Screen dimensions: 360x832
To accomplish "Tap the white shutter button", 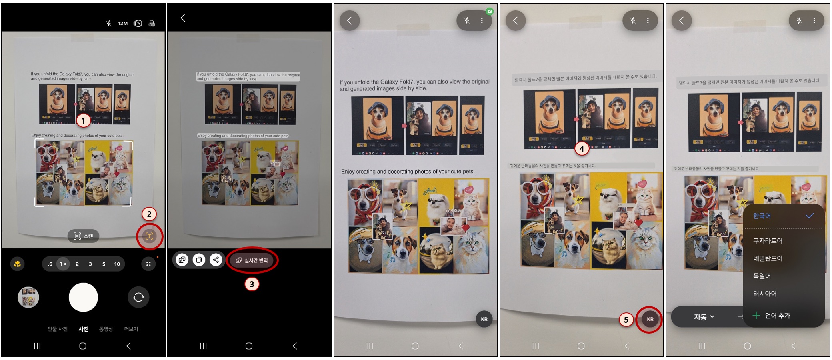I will (x=83, y=297).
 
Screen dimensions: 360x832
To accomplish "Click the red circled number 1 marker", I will (x=83, y=120).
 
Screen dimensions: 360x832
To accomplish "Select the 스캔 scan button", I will (x=83, y=236).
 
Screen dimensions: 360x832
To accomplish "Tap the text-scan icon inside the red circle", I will (x=149, y=236).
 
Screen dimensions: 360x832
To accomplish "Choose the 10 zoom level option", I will (x=117, y=264).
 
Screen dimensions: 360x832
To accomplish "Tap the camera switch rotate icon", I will (x=138, y=297).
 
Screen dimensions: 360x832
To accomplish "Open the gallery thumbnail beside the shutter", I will (x=28, y=297).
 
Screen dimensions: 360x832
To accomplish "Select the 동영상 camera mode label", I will (x=106, y=329).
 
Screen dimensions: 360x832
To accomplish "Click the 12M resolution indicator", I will (x=123, y=24).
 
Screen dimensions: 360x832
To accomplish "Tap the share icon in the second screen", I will (x=216, y=260).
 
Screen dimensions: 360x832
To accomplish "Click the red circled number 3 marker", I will (x=252, y=284).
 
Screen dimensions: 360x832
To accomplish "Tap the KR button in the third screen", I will (x=484, y=319).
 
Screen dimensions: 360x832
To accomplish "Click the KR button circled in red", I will (x=650, y=319).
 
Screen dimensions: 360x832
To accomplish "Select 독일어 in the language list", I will (x=762, y=276).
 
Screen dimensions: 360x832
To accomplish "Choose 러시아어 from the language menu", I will (x=764, y=294).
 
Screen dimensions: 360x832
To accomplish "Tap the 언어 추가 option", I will (x=777, y=316).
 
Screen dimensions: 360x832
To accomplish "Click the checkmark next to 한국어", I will (x=810, y=216).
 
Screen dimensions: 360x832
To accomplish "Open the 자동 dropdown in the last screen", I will (x=704, y=317).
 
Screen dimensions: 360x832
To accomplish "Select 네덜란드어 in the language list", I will (x=767, y=258).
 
